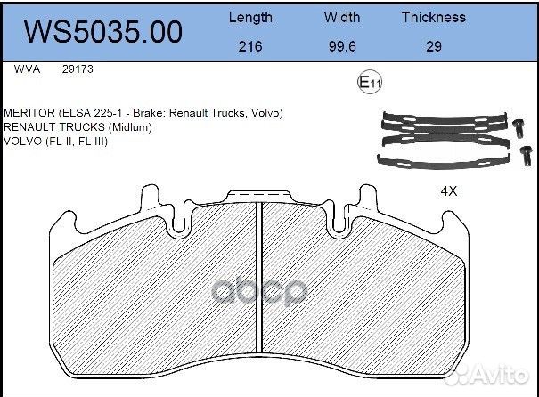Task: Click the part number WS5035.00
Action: click(x=102, y=32)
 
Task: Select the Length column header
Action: click(x=251, y=17)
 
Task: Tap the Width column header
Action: click(x=342, y=17)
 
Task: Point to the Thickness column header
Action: click(x=433, y=17)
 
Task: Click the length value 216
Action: click(x=251, y=47)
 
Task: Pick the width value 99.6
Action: click(x=342, y=47)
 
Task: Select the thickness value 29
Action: click(x=433, y=47)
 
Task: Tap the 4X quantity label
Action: click(x=449, y=191)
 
